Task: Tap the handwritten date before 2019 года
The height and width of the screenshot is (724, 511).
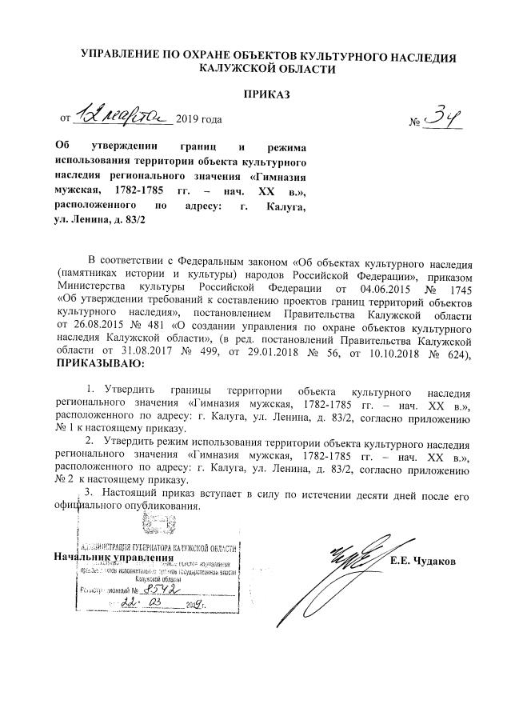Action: click(123, 118)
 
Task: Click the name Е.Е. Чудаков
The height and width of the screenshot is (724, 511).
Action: click(423, 561)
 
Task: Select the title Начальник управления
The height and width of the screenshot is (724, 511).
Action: click(112, 556)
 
